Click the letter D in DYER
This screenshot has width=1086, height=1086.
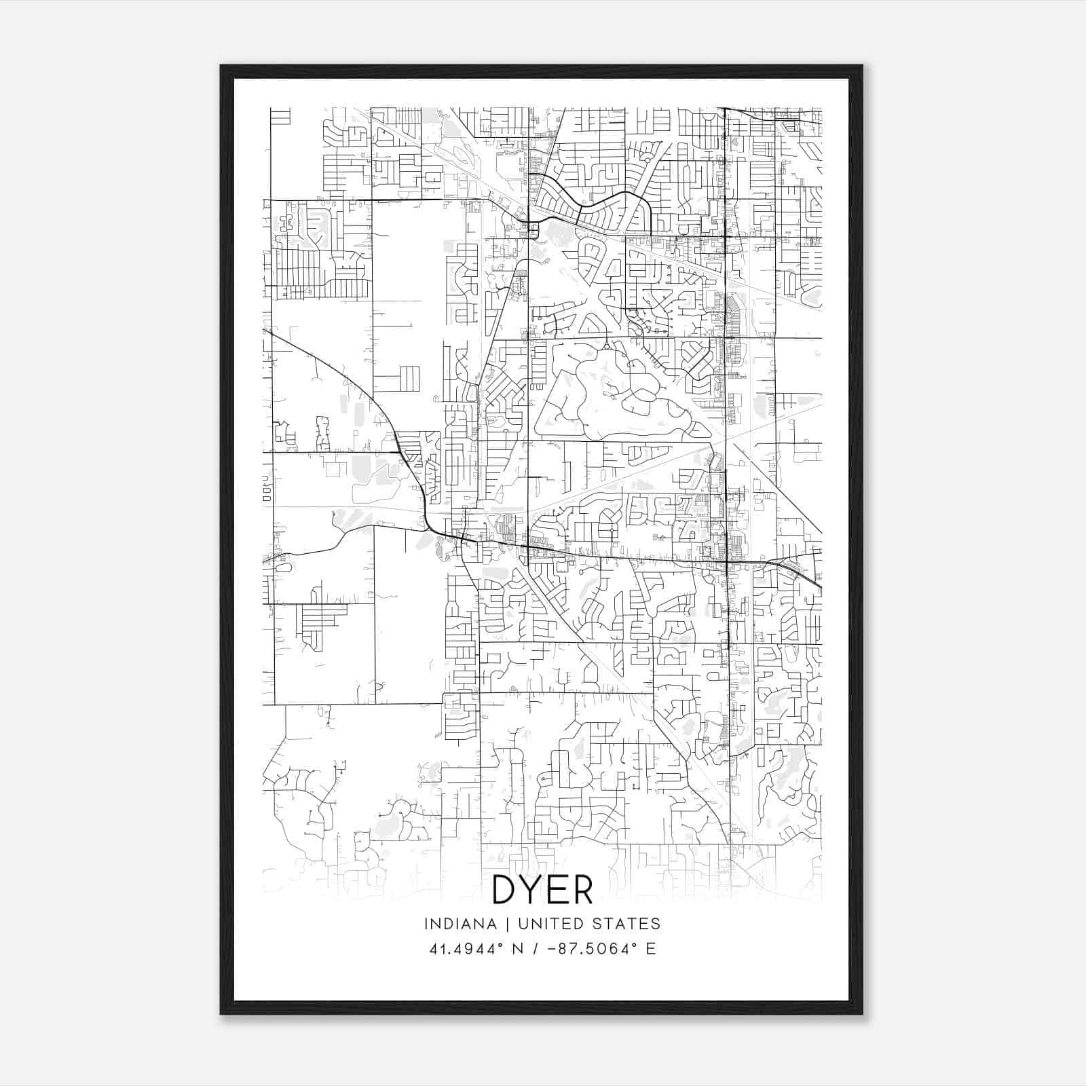pos(506,889)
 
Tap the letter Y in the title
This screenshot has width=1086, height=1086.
pos(531,889)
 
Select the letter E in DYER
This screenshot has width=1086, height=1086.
pos(557,889)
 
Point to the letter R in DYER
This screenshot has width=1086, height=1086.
pos(582,889)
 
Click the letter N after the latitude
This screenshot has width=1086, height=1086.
pos(517,949)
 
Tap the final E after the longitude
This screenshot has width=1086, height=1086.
pos(651,949)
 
